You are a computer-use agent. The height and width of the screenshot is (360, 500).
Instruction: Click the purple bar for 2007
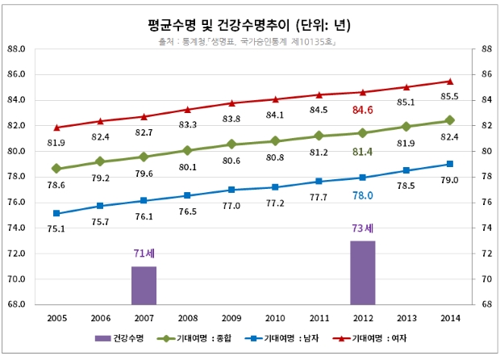144,285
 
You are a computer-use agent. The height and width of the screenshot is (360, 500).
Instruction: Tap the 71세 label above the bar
144,254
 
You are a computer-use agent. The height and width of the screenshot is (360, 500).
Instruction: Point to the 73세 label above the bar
363,228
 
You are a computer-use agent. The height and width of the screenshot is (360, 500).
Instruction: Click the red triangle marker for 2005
56,128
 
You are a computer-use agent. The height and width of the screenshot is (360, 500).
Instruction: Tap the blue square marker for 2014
450,164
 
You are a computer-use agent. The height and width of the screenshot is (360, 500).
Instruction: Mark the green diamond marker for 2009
231,144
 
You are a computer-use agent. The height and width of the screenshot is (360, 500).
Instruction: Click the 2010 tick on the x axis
275,319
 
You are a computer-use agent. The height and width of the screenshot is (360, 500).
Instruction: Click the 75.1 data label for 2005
56,228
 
